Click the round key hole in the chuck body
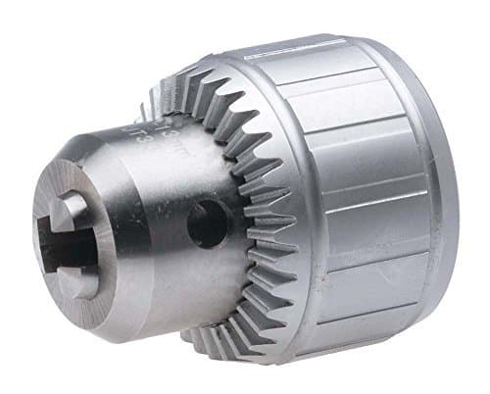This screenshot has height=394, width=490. pyautogui.click(x=208, y=222)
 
